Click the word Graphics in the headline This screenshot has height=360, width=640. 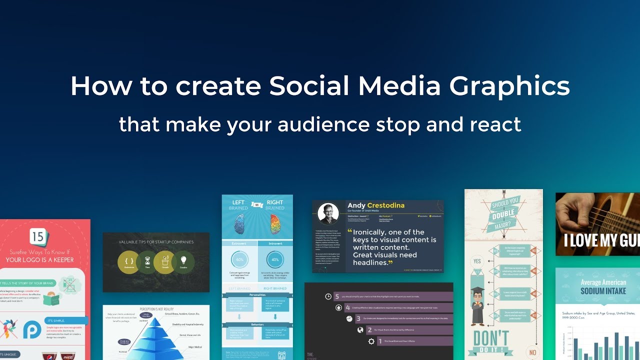click(509, 86)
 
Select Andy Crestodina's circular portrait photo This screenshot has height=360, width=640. click(328, 213)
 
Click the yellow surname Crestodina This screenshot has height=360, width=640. click(385, 205)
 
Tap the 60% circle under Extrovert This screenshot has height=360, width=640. click(239, 260)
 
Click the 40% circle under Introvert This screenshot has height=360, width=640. click(274, 260)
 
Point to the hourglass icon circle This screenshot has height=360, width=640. click(147, 262)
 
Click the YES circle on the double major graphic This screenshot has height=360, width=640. click(477, 261)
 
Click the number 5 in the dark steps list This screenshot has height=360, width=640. click(337, 296)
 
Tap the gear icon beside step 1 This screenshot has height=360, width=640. click(371, 341)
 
